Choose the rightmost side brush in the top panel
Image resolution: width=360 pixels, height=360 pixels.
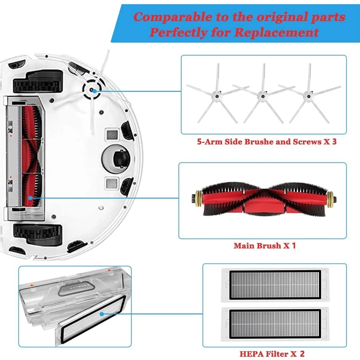(x=308, y=94)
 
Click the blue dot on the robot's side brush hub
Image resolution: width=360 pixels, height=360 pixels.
(x=93, y=90)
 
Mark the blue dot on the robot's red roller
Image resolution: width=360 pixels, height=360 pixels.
(x=31, y=197)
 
